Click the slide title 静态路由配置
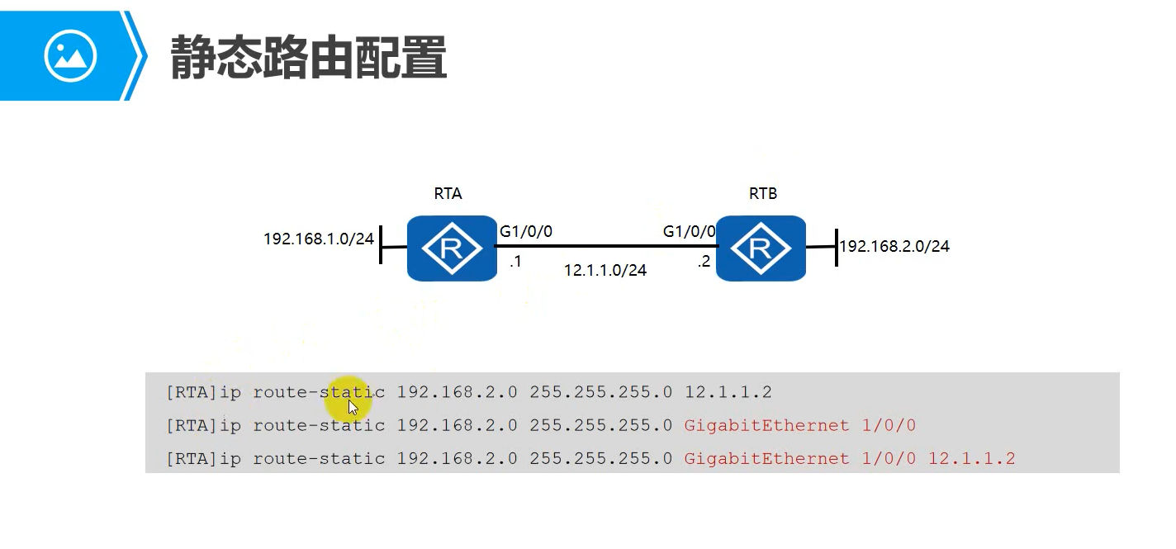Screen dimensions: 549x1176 tap(308, 57)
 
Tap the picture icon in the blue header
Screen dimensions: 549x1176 tap(70, 56)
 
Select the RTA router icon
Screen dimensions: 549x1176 tap(451, 248)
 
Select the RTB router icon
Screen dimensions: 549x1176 tap(761, 248)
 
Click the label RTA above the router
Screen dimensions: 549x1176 tap(448, 194)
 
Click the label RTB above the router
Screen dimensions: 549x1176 tap(762, 194)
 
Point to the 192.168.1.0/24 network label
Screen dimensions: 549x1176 tap(318, 239)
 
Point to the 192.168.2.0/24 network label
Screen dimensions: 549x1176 tap(894, 246)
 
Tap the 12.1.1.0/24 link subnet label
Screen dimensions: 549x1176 tap(605, 270)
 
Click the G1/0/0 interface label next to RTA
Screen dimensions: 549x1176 tap(526, 232)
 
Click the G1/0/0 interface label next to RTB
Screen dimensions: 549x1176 tap(689, 232)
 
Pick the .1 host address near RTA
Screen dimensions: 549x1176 tap(514, 262)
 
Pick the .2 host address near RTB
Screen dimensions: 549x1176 tap(703, 262)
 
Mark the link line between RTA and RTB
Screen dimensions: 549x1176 tap(607, 246)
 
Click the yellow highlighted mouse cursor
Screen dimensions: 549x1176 tap(350, 405)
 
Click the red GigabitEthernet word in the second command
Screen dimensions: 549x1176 tap(766, 426)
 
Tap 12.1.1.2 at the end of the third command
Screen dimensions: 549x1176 tap(971, 459)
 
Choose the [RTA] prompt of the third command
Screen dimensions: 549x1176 tap(192, 459)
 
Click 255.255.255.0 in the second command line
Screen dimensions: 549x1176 tap(600, 426)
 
